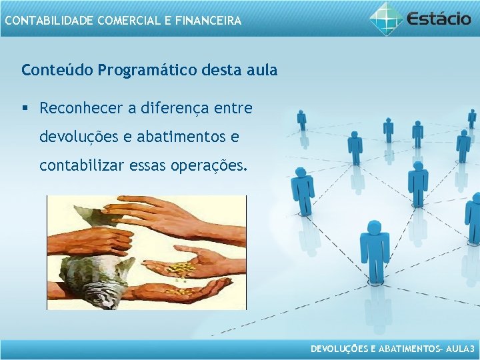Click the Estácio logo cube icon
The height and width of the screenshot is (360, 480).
point(387,19)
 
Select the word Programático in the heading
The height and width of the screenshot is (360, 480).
point(145,69)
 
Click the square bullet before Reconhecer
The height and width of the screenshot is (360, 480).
point(25,108)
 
